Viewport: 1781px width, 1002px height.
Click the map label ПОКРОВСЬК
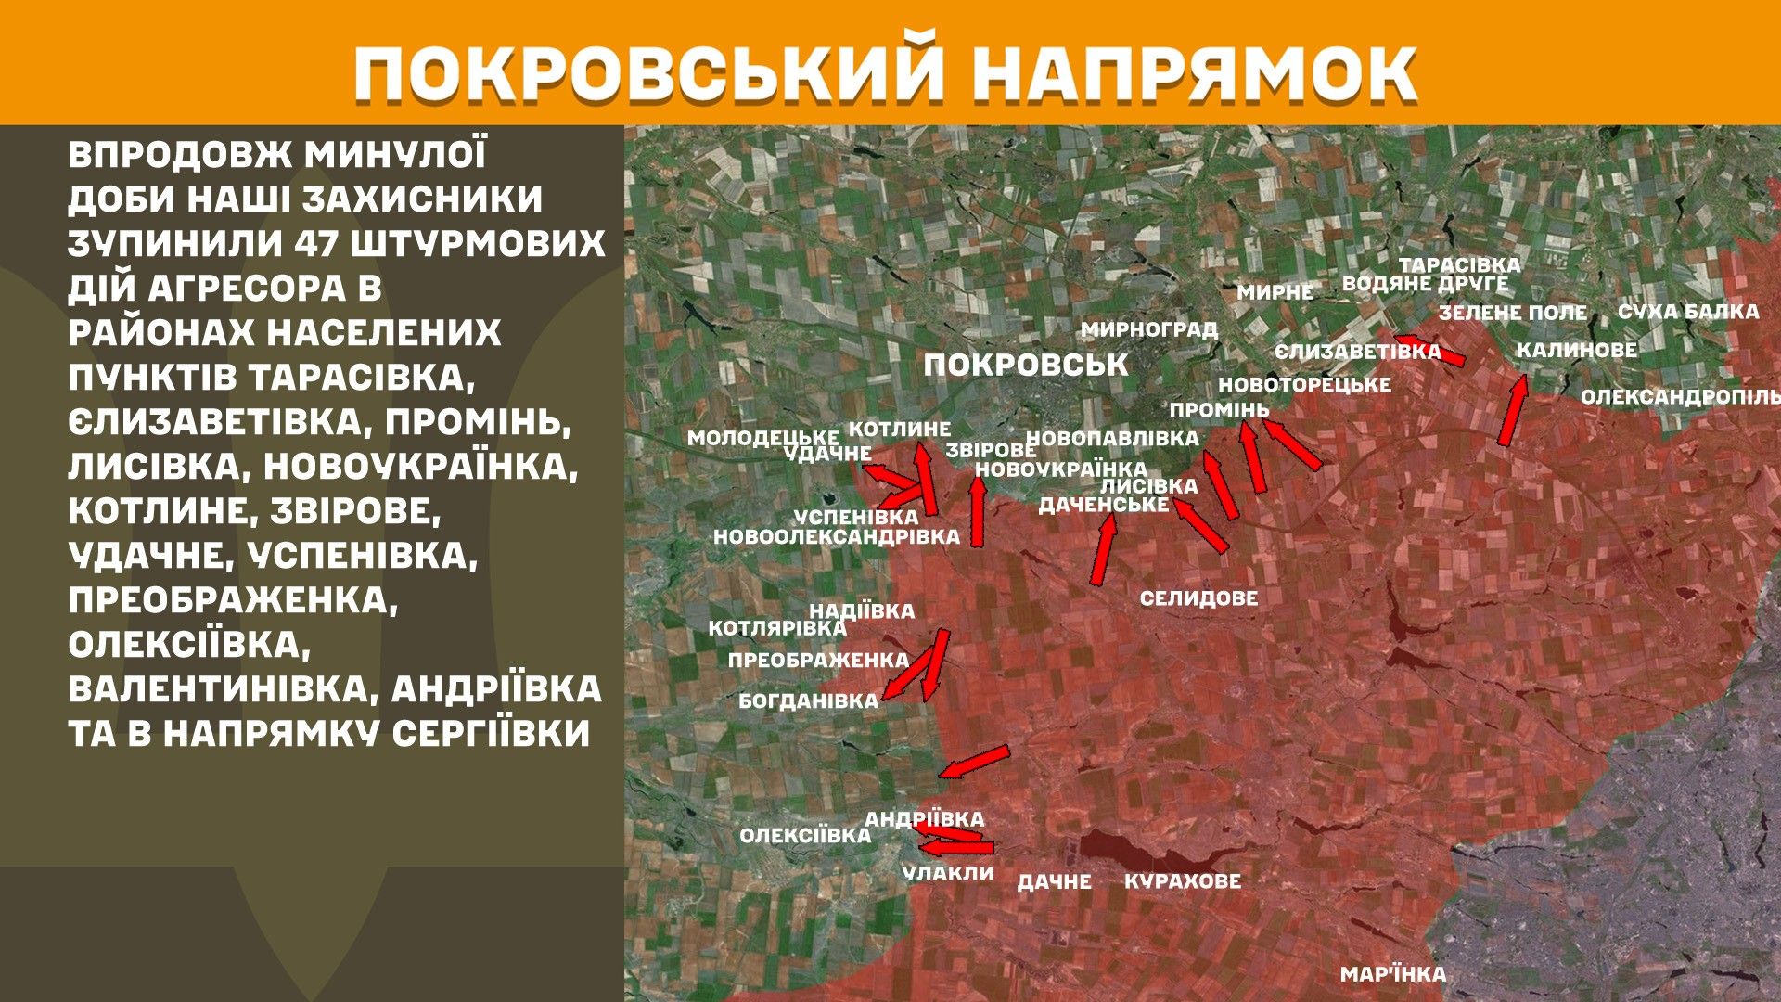[1026, 366]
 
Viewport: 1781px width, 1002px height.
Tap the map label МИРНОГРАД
[1148, 329]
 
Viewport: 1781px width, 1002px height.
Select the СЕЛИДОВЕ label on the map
[1198, 598]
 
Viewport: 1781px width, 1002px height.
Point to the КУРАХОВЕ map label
[1182, 880]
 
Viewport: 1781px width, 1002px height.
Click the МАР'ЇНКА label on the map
[1392, 974]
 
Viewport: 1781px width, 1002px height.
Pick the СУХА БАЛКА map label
[1688, 312]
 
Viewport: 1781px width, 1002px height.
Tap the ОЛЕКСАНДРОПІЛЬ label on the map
[1679, 397]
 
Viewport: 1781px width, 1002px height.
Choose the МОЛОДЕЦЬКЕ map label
[762, 437]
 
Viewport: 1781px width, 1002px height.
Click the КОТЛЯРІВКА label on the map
[776, 628]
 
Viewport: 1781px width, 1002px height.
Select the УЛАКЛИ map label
[947, 873]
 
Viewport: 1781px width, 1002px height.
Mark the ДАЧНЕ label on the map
[1054, 881]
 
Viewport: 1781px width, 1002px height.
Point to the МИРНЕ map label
[1275, 292]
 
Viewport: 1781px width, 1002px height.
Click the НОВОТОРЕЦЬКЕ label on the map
[1304, 384]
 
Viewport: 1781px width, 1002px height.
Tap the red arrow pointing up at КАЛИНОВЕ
[1512, 410]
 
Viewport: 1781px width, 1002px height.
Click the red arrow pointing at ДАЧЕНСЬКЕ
[1103, 549]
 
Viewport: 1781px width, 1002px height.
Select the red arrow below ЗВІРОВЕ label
[978, 510]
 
